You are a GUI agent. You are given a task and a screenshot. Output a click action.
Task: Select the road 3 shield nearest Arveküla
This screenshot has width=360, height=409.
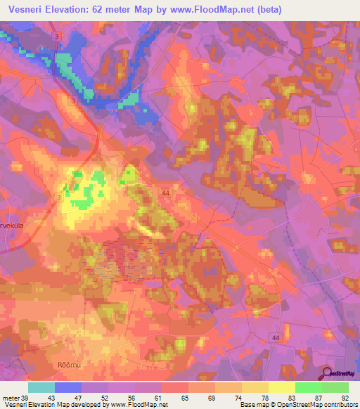[x=59, y=199]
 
